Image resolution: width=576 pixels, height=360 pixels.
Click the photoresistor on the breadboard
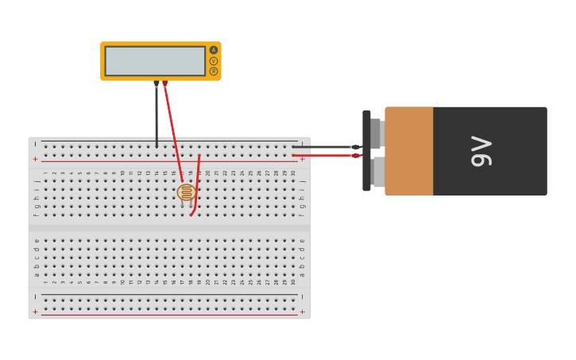coord(187,192)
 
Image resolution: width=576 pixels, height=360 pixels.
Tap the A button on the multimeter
coord(214,50)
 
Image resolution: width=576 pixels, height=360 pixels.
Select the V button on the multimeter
coord(214,61)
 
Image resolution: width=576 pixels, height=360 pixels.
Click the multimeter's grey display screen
coord(155,61)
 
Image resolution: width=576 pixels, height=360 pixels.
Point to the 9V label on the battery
coord(481,151)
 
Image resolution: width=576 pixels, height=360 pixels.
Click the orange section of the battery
coord(409,151)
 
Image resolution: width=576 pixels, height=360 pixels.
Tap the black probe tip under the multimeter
coord(157,83)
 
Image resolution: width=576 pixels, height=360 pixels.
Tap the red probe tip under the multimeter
coord(164,83)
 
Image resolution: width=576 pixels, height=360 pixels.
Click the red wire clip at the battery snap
coord(357,156)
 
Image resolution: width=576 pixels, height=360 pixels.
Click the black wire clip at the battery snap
coord(355,147)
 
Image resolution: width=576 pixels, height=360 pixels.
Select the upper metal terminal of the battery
coord(377,134)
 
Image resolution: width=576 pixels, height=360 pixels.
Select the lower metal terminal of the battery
coord(378,172)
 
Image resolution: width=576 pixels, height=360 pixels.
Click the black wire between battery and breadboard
coord(322,146)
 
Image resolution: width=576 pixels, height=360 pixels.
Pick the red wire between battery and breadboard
coord(322,156)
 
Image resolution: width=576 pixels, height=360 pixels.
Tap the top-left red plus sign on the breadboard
coord(35,159)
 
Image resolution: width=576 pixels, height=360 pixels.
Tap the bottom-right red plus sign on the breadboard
coord(302,312)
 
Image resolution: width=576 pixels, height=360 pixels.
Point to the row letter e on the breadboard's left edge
coord(36,241)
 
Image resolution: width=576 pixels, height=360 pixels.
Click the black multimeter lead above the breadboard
coord(157,115)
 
